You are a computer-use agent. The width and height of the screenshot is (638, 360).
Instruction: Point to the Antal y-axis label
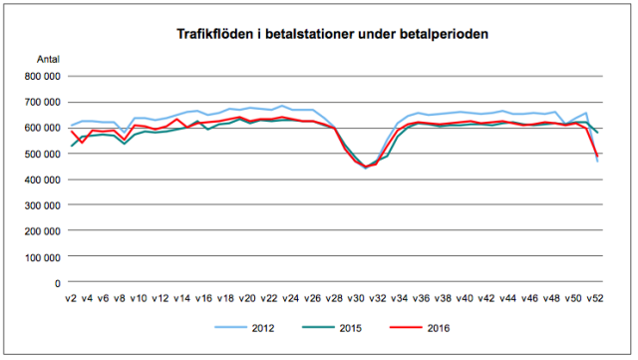pyautogui.click(x=48, y=60)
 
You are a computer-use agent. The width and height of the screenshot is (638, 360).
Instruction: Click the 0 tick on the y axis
pyautogui.click(x=57, y=283)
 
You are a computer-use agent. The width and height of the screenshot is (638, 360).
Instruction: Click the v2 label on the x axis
pyautogui.click(x=73, y=298)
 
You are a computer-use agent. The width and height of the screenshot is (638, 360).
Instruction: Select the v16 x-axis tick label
pyautogui.click(x=204, y=298)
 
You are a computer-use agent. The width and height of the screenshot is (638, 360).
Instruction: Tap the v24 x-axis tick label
pyautogui.click(x=291, y=298)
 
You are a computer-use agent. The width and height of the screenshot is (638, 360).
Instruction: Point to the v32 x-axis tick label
pyautogui.click(x=378, y=298)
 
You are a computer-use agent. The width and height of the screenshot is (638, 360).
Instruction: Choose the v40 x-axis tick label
pyautogui.click(x=465, y=298)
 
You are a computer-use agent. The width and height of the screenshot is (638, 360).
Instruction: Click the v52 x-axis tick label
pyautogui.click(x=594, y=298)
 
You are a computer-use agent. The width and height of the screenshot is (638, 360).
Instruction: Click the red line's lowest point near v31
pyautogui.click(x=366, y=167)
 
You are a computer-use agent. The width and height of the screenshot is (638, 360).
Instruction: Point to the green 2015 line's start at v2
pyautogui.click(x=71, y=147)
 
